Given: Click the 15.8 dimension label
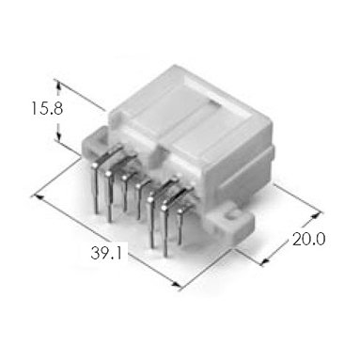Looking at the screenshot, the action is (x=47, y=109).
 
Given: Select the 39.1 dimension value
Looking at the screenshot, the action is (x=106, y=253).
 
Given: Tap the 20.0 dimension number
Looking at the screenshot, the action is (x=309, y=240).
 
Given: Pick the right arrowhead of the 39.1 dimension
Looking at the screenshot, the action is (x=177, y=285).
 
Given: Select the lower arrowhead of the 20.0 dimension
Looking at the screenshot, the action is (x=265, y=260).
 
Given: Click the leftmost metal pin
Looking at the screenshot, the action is (x=96, y=188).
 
